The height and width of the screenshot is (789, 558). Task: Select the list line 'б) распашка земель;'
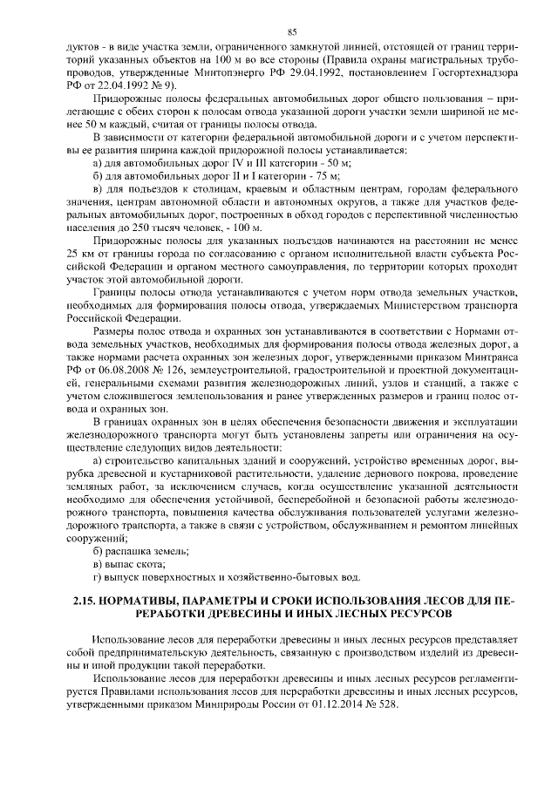point(140,551)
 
